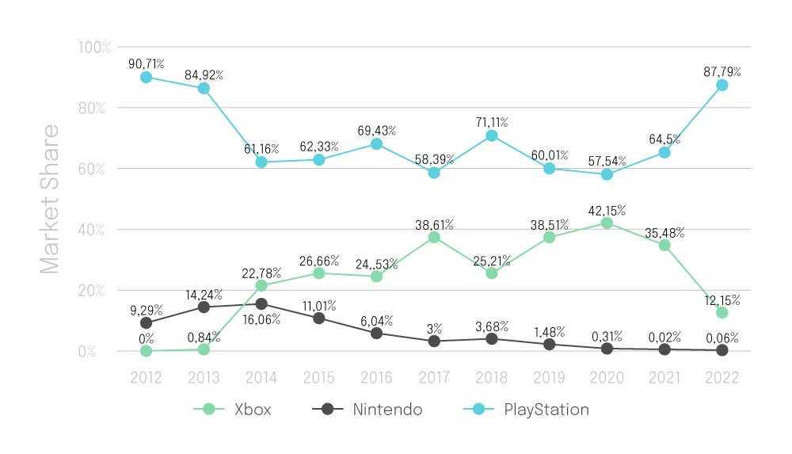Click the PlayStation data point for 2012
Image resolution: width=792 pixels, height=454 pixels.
click(x=146, y=77)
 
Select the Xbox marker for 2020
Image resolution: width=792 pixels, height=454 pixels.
click(x=607, y=223)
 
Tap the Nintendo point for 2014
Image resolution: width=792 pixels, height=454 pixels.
click(x=261, y=303)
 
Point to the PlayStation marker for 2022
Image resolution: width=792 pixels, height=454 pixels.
click(x=722, y=85)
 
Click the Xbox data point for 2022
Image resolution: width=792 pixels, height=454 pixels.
click(x=722, y=312)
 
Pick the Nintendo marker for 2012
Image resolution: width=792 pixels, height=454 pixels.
click(x=146, y=323)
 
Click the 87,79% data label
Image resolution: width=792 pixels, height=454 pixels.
click(x=721, y=71)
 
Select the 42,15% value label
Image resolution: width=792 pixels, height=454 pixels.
click(x=606, y=210)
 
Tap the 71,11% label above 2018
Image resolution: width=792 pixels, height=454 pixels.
click(x=491, y=122)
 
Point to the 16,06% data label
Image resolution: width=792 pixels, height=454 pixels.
click(x=261, y=319)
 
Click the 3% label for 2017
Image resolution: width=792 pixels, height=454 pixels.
click(x=434, y=327)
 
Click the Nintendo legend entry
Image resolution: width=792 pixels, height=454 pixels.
click(x=367, y=410)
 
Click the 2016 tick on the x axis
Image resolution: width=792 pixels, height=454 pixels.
click(x=376, y=378)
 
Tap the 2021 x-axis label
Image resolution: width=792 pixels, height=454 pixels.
click(x=664, y=378)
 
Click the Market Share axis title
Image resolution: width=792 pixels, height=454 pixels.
click(x=50, y=198)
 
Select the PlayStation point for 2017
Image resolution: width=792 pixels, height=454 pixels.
click(x=434, y=173)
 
